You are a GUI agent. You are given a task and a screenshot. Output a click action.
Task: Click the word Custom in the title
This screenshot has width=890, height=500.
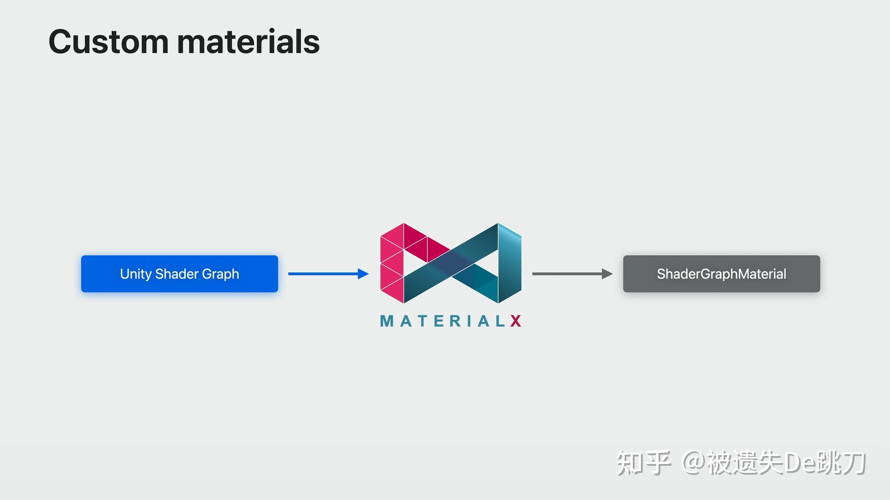tap(108, 42)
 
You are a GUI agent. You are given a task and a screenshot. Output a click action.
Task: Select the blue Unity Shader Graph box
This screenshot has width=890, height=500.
tap(179, 274)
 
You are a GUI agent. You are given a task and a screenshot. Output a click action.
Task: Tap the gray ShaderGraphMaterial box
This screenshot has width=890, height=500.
tap(721, 274)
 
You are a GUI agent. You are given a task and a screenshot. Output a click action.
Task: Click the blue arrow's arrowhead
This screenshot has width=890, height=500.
tap(363, 274)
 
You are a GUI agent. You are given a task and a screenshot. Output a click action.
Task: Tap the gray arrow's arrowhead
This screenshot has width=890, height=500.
tap(607, 274)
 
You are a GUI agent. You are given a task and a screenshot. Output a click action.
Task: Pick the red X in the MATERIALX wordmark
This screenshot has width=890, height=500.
tap(516, 321)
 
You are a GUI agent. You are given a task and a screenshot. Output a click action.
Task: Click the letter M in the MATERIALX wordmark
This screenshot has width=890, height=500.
tap(387, 321)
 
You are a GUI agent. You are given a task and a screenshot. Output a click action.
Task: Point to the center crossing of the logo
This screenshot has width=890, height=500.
tap(451, 264)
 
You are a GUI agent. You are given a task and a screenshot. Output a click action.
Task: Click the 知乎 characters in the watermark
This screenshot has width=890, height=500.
tap(643, 463)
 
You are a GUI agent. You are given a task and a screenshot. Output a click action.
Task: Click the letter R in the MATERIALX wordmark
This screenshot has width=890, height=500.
tap(456, 321)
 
